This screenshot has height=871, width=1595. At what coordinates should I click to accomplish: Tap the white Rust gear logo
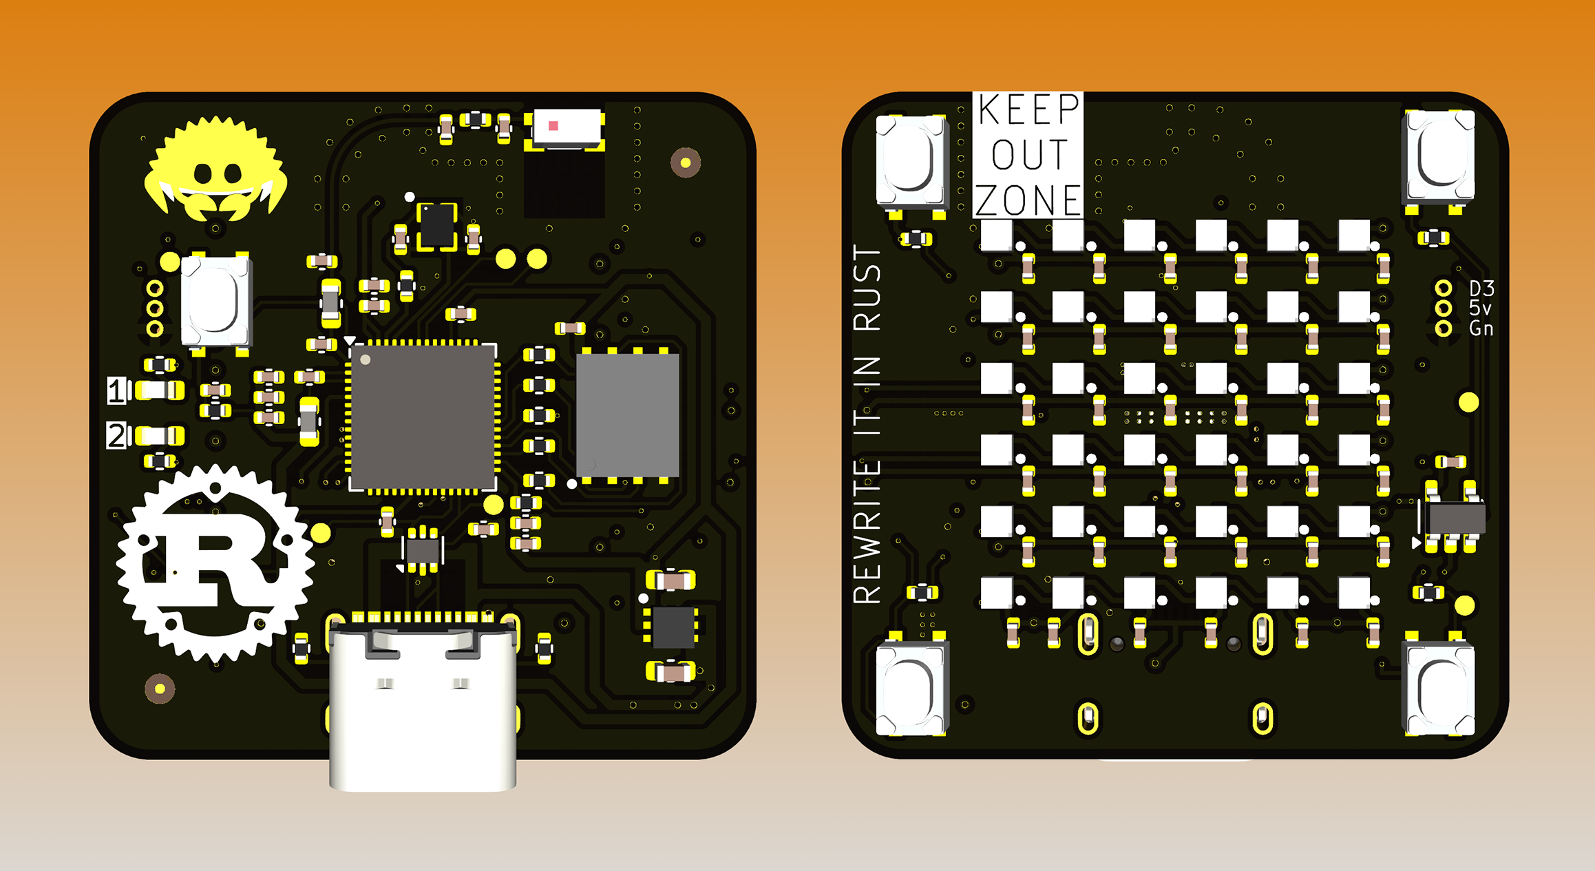click(x=215, y=561)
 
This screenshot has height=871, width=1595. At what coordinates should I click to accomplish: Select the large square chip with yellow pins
click(x=423, y=417)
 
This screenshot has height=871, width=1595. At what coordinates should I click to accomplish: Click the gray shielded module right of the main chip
click(x=627, y=415)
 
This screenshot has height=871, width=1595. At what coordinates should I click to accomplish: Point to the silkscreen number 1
click(x=116, y=390)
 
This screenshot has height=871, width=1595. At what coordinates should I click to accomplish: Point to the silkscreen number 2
click(x=116, y=436)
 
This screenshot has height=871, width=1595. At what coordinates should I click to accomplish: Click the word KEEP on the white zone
click(x=1028, y=110)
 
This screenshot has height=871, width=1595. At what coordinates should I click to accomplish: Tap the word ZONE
click(x=1028, y=200)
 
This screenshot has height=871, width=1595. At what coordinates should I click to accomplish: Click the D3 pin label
click(x=1481, y=288)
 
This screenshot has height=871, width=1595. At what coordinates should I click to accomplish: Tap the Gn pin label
click(x=1481, y=328)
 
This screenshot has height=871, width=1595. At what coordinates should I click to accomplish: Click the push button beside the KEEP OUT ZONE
click(x=911, y=161)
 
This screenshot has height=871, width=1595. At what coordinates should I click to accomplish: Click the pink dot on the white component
click(x=553, y=126)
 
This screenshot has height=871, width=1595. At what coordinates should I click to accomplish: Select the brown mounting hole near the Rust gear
click(x=160, y=688)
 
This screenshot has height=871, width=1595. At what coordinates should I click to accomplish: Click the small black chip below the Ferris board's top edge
click(x=436, y=224)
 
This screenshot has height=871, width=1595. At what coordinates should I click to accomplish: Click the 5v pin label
click(x=1480, y=308)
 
